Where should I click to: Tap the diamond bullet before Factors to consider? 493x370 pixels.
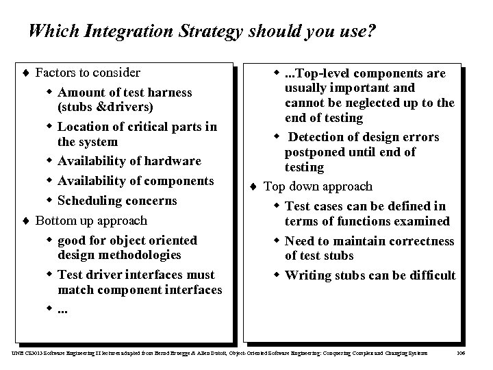pos(27,73)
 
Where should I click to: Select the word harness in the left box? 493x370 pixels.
pos(168,92)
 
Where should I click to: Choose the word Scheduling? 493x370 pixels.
pos(91,201)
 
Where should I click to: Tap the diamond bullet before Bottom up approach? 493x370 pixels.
pos(27,221)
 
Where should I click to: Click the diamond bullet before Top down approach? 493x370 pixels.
pos(254,186)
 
